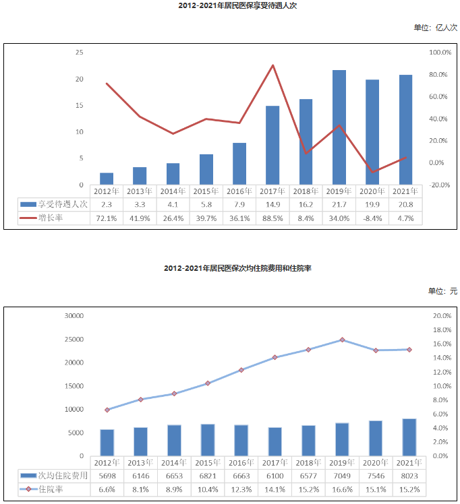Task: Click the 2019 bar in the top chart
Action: click(x=339, y=127)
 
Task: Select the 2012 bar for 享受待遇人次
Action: click(x=107, y=179)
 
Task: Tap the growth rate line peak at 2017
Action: click(x=272, y=65)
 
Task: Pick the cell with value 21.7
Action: click(x=339, y=203)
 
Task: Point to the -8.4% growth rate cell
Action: click(x=372, y=218)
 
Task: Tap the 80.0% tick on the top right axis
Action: click(x=440, y=74)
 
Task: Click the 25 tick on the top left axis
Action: click(x=80, y=53)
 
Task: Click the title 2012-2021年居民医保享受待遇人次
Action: click(x=230, y=5)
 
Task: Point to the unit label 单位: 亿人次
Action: click(x=436, y=28)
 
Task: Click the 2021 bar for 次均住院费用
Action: click(x=409, y=437)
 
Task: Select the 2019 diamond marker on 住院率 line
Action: click(x=342, y=340)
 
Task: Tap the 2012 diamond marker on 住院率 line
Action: click(x=107, y=410)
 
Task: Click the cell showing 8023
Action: click(x=409, y=475)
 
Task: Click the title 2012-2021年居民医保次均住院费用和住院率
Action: click(x=230, y=268)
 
